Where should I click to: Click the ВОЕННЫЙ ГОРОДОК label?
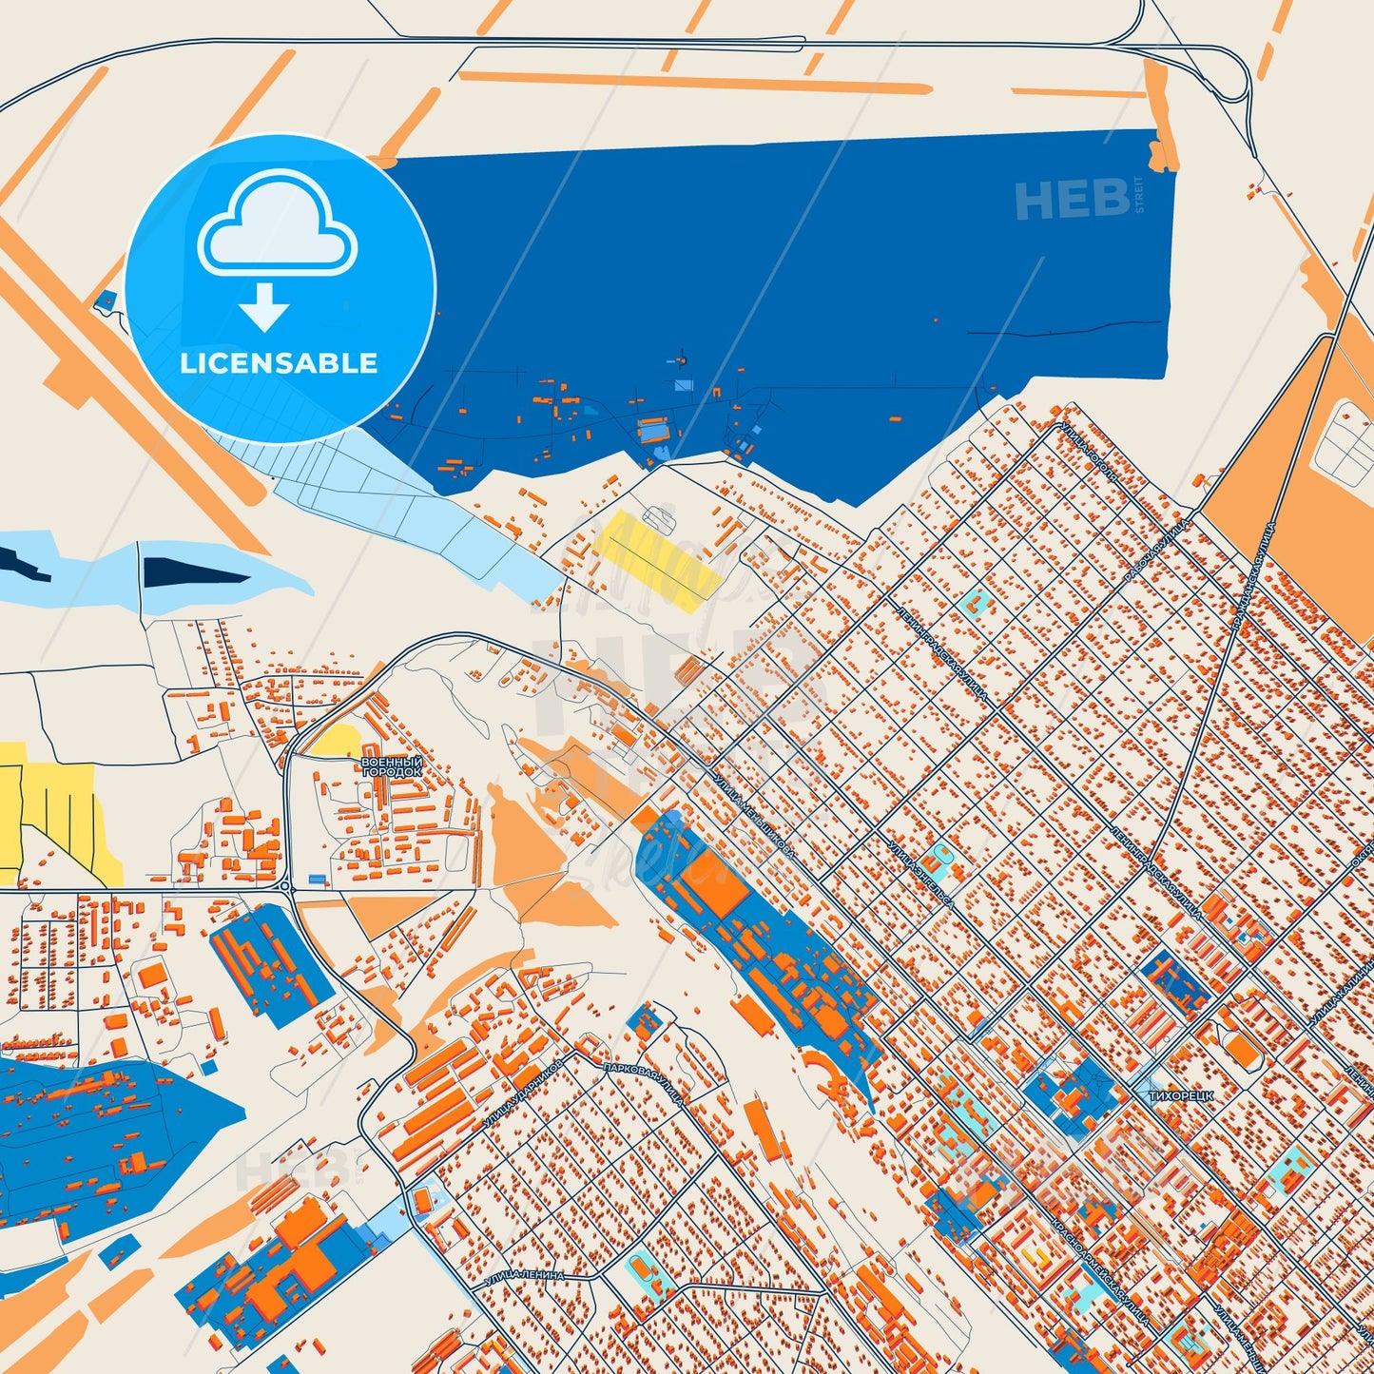tap(391, 766)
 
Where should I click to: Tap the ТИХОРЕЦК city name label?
tap(1181, 1095)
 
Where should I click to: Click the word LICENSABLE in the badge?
tap(280, 362)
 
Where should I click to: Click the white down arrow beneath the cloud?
tap(263, 306)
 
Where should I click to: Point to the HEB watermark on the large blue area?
tap(1072, 200)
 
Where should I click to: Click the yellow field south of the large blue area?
tap(656, 559)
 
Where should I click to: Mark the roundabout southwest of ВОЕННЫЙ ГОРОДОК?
tap(287, 886)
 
